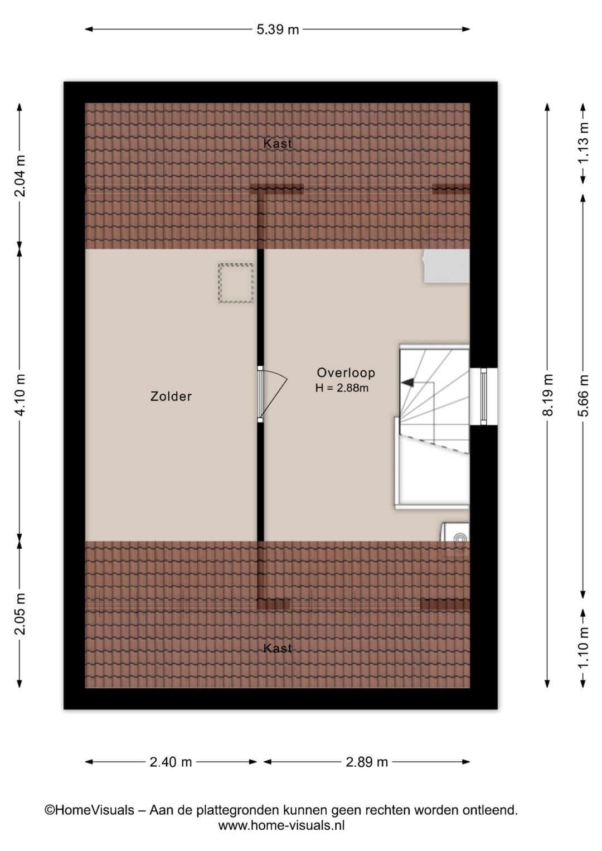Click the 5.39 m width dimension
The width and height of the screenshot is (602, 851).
point(278,30)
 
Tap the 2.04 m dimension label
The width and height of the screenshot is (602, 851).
point(20,176)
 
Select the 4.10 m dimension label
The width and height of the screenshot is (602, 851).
point(20,395)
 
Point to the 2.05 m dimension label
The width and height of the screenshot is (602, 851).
point(20,614)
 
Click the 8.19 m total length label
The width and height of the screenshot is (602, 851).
point(547,395)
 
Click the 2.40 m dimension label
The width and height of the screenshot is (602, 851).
point(171,762)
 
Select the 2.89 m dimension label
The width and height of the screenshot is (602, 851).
point(367,762)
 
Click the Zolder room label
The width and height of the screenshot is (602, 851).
point(171,397)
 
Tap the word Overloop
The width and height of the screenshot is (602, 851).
point(346,373)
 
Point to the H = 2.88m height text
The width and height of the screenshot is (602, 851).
point(342,388)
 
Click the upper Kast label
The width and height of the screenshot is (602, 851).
point(278,144)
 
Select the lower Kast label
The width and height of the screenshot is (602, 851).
point(278,649)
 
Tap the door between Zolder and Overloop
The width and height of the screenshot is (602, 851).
point(272,393)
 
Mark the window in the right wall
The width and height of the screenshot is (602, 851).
point(483,397)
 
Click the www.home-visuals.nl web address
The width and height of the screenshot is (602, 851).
point(281,825)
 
